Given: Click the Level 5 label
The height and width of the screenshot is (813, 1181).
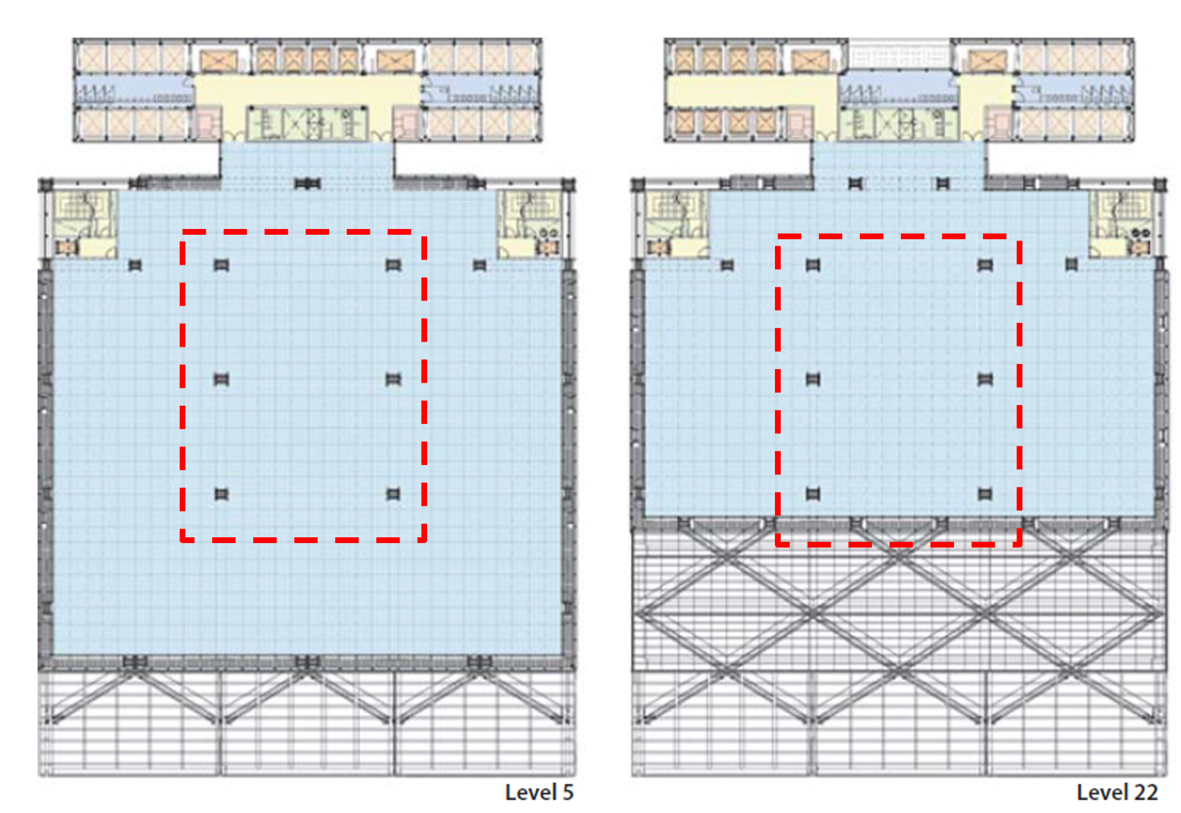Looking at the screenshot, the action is pyautogui.click(x=539, y=793).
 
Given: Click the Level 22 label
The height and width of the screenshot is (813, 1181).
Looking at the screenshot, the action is pyautogui.click(x=1117, y=793).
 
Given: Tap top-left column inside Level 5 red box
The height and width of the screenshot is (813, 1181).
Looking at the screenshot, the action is pyautogui.click(x=221, y=265).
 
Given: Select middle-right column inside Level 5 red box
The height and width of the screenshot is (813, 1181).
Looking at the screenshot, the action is pyautogui.click(x=393, y=379).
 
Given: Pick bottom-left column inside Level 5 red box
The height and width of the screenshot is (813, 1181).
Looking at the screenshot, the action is pyautogui.click(x=221, y=494).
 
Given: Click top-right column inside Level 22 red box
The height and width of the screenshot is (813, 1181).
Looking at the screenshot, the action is pyautogui.click(x=985, y=265).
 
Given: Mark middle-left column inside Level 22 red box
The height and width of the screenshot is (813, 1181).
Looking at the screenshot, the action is pyautogui.click(x=813, y=379).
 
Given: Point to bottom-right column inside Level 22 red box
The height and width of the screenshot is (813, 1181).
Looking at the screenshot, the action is pyautogui.click(x=985, y=494).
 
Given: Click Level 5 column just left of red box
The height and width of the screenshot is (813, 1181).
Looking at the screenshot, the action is pyautogui.click(x=135, y=265).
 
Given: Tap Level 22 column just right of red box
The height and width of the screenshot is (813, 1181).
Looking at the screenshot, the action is pyautogui.click(x=1072, y=265).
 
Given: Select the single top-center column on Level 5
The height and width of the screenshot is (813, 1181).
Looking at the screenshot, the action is pyautogui.click(x=307, y=184).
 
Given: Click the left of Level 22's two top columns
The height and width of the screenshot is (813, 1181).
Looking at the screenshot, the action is pyautogui.click(x=856, y=184).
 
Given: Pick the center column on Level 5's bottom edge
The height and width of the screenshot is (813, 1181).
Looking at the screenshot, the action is pyautogui.click(x=307, y=661).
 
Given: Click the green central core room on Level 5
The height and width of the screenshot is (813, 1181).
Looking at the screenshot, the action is pyautogui.click(x=308, y=123).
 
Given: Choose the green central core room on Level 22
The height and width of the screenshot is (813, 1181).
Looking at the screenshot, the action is pyautogui.click(x=898, y=123).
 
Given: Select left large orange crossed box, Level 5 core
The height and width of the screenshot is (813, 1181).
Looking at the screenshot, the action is pyautogui.click(x=219, y=61).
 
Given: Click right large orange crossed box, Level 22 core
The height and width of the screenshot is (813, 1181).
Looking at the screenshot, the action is pyautogui.click(x=988, y=61).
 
